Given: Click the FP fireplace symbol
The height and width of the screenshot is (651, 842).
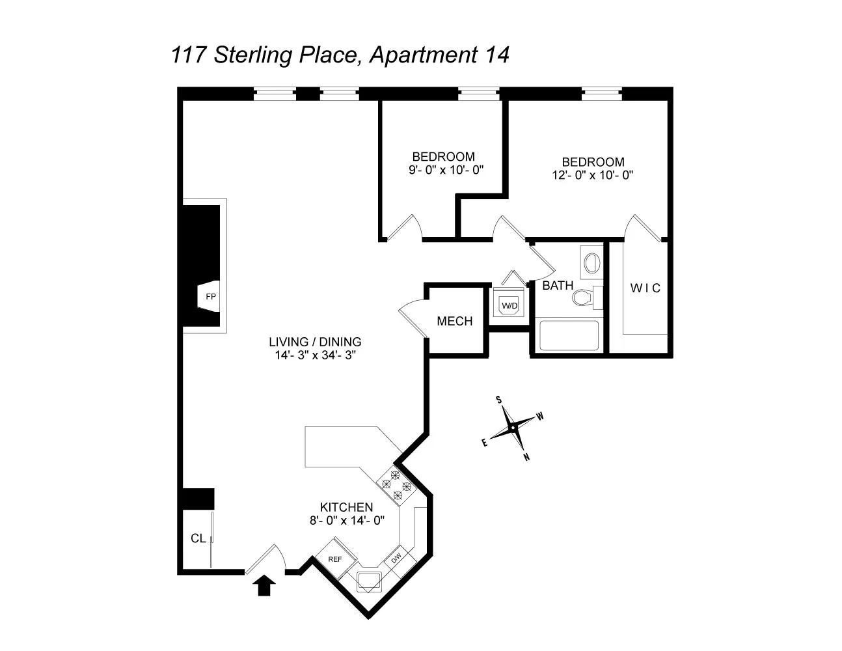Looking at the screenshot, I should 210,296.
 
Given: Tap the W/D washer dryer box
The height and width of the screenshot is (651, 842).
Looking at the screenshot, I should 509,305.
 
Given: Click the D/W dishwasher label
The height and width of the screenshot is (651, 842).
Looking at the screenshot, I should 396,558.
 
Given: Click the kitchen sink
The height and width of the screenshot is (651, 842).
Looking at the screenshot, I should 369,580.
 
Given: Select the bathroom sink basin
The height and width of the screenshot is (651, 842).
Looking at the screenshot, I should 591,264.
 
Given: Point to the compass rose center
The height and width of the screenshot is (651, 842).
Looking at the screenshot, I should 513,428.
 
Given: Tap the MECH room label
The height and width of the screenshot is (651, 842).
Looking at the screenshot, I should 455,321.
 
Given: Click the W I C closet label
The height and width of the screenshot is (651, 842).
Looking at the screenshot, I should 645,288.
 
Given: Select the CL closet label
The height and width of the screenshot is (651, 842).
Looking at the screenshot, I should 198,538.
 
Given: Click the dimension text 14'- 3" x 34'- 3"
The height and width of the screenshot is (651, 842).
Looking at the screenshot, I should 315,355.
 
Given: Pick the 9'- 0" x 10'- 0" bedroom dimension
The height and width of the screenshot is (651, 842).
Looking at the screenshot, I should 442,170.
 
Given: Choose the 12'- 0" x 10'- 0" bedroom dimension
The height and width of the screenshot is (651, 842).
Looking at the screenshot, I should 592,174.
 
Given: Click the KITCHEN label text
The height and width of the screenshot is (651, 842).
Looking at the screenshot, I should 346,507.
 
